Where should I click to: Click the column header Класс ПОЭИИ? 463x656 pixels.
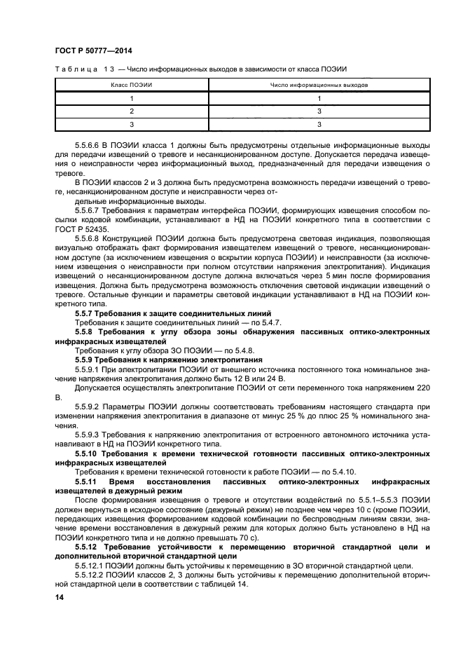pos(132,85)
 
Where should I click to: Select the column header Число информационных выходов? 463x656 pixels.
pos(319,85)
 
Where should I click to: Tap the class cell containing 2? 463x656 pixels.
pos(132,111)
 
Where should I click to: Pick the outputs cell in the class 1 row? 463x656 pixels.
pos(319,98)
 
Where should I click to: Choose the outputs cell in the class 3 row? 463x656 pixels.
pos(319,125)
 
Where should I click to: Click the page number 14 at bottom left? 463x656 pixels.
pos(59,597)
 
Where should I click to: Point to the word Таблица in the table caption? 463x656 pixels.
pos(72,69)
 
